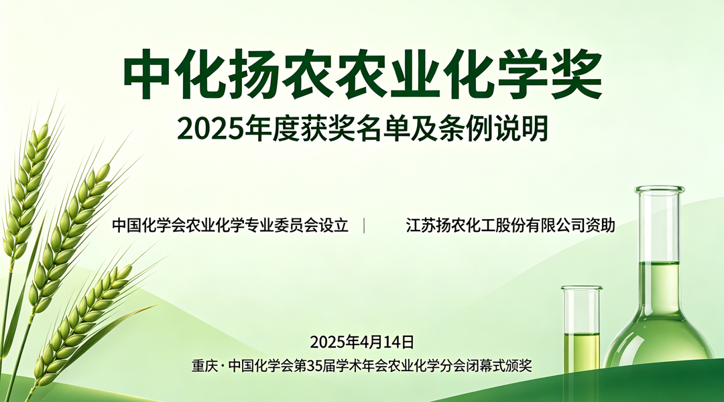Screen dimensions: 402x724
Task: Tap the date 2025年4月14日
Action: (x=362, y=342)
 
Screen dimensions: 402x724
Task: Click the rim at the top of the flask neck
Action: (x=660, y=190)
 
